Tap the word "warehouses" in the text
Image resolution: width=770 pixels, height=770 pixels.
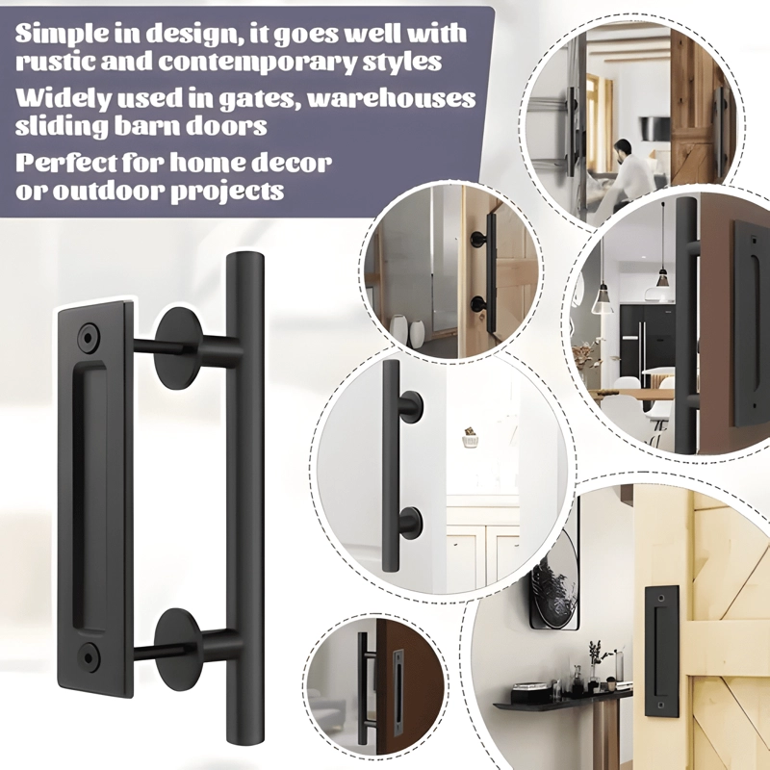pos(392,99)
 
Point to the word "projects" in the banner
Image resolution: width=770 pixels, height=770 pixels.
pos(227,192)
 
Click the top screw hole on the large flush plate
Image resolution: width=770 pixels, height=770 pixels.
pos(89,337)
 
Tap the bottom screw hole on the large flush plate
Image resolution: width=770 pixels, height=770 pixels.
pos(89,654)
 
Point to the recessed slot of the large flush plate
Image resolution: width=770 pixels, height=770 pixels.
pos(90,497)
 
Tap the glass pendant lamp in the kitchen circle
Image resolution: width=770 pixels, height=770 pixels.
pos(603,299)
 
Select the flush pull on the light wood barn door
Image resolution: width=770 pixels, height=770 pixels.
pos(662,651)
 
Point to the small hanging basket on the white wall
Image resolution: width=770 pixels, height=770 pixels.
pos(470,437)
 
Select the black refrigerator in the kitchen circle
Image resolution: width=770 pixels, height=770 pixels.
pos(642,339)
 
